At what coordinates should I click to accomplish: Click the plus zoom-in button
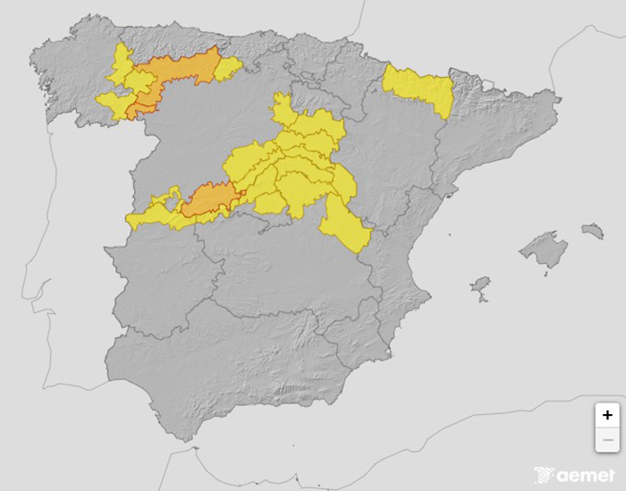[x=607, y=415]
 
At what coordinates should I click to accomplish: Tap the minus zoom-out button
[x=607, y=439]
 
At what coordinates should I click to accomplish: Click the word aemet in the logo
[x=588, y=475]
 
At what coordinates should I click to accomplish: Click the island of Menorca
[x=592, y=232]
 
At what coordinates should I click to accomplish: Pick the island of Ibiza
[x=481, y=286]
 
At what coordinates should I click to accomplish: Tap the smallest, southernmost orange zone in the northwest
[x=139, y=111]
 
